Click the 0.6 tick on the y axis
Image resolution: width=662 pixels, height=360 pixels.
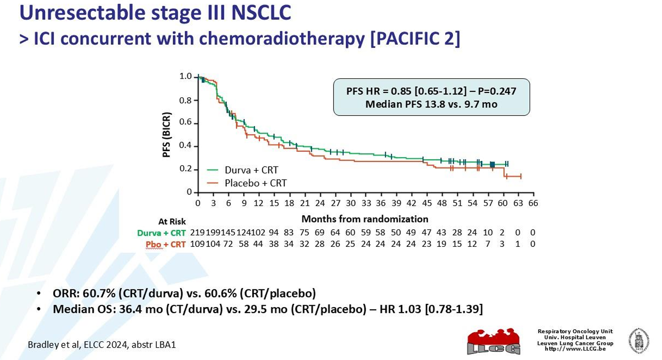point(186,123)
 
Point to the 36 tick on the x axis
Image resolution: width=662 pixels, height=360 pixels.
point(381,203)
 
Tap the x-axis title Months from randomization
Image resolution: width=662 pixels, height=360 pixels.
point(365,219)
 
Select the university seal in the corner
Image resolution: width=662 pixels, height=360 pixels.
point(638,341)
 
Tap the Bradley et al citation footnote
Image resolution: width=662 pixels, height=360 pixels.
point(102,345)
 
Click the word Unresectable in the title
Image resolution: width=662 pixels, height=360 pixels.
point(77,13)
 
